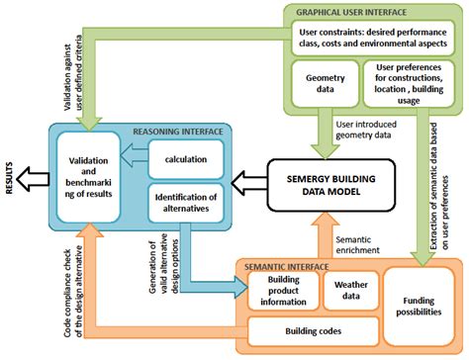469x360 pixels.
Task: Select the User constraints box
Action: pyautogui.click(x=374, y=38)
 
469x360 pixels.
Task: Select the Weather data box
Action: pyautogui.click(x=346, y=291)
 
